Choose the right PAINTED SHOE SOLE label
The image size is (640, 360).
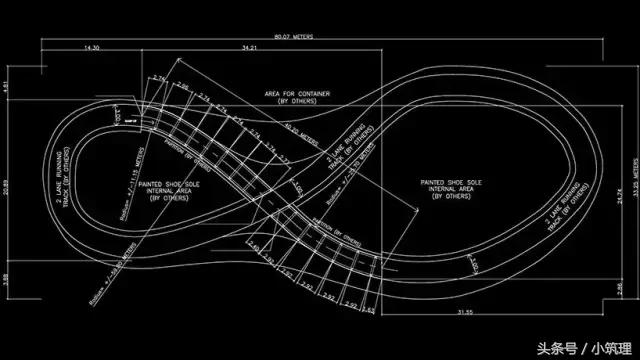coord(444,188)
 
